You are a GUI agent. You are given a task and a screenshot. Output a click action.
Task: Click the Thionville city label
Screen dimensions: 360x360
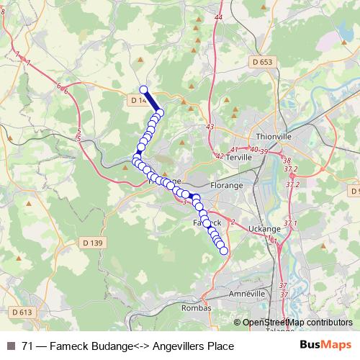click(x=272, y=135)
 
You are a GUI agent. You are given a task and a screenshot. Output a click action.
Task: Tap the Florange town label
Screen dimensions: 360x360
click(x=226, y=185)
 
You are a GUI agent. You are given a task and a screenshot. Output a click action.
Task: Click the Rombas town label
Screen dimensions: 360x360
click(x=197, y=307)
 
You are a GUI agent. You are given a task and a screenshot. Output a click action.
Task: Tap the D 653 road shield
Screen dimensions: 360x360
click(x=263, y=63)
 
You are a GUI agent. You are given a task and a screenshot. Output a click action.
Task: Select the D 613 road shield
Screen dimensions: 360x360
click(x=22, y=312)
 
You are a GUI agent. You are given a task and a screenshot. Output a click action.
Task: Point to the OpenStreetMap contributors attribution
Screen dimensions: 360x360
click(x=297, y=323)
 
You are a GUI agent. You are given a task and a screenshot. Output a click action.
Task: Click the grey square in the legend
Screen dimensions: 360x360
click(x=9, y=346)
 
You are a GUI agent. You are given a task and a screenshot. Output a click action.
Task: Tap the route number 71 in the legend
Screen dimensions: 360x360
click(x=27, y=346)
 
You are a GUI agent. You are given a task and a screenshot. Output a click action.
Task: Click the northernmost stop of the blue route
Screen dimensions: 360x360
click(x=143, y=90)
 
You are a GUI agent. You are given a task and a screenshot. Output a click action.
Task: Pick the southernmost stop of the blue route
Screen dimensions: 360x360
click(x=224, y=251)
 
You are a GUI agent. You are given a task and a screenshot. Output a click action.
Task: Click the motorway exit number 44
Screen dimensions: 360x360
click(x=219, y=17)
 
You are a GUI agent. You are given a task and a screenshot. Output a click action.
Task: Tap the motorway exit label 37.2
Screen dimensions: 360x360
click(x=291, y=168)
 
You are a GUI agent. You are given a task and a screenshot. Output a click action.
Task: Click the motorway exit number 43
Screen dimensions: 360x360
click(x=210, y=127)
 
